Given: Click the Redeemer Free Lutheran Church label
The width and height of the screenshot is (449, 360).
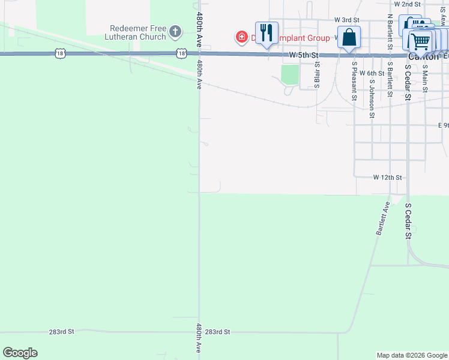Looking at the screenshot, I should click(137, 33).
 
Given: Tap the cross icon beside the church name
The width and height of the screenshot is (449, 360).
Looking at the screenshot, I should click(175, 31).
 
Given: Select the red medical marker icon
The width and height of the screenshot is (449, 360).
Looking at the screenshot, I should click(241, 37).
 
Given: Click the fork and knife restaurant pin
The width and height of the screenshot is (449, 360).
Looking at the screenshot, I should click(267, 32).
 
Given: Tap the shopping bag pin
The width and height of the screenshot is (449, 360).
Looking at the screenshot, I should click(349, 37).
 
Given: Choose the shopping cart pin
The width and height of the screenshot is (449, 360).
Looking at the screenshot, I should click(421, 41).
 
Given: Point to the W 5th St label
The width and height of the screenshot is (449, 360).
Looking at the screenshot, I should click(302, 55).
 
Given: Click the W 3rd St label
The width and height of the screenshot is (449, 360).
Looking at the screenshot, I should click(346, 20).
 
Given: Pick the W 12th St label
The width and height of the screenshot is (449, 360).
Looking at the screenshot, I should click(387, 178).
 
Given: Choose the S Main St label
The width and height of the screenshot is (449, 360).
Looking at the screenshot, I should click(424, 76).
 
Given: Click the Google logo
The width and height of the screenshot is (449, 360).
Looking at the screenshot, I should click(20, 353).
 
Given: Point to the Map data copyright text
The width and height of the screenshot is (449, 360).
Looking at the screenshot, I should click(411, 355).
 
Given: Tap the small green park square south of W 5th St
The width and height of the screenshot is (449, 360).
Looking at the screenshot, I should click(290, 74).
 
